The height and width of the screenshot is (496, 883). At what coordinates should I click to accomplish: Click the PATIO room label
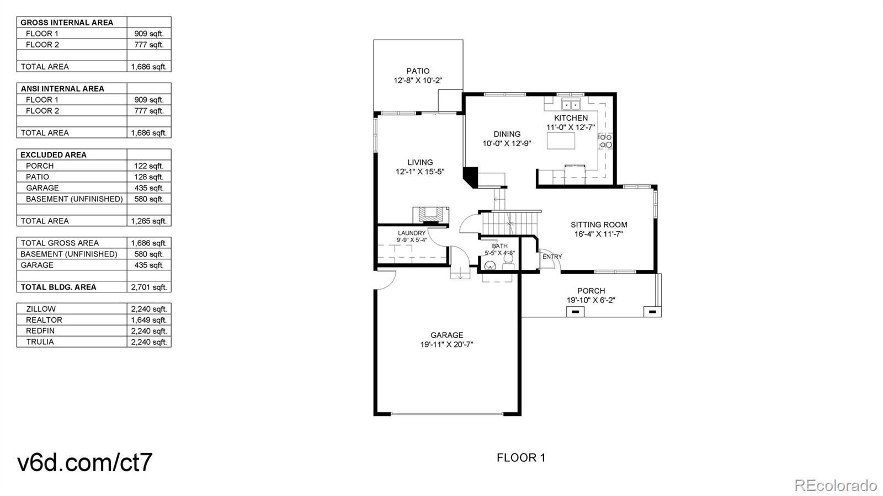(418, 71)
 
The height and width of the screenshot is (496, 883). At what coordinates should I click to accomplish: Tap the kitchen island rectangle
(561, 141)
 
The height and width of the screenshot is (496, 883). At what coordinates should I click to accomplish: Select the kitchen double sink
(571, 105)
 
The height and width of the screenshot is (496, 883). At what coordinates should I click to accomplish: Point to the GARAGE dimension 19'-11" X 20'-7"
(446, 345)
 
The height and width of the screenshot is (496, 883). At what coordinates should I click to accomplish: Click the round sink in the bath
(490, 265)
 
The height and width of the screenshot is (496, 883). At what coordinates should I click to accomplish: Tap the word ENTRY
(552, 257)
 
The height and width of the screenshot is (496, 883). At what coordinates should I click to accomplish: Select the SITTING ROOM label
(599, 225)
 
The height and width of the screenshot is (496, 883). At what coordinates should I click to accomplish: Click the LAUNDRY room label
(412, 233)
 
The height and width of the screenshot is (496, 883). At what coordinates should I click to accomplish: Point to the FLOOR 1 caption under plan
(521, 458)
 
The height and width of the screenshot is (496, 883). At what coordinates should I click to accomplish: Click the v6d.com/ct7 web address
(85, 462)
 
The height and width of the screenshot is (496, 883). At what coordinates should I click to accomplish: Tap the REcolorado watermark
(836, 485)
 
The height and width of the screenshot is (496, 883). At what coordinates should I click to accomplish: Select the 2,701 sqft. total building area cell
(149, 287)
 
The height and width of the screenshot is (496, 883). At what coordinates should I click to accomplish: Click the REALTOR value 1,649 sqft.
(149, 320)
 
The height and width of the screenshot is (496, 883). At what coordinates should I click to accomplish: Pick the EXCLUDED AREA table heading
(54, 155)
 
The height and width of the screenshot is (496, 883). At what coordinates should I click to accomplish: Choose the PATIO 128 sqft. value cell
(149, 177)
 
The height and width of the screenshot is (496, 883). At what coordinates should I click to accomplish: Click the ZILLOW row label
(41, 309)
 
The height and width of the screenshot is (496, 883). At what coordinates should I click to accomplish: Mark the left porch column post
(575, 312)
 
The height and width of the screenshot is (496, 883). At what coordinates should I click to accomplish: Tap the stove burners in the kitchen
(606, 141)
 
